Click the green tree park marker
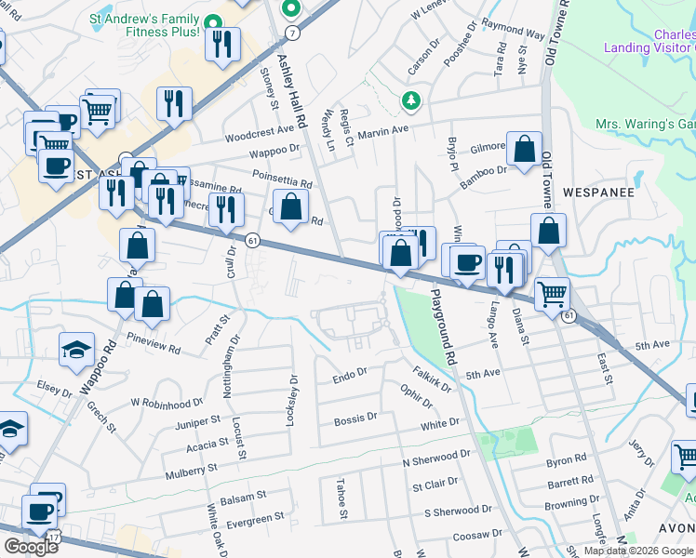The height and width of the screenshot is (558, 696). [x=408, y=99]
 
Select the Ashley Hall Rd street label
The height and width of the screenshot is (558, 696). [x=291, y=91]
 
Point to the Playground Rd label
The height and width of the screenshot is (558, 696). [x=443, y=326]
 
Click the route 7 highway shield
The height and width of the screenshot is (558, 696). [x=293, y=32]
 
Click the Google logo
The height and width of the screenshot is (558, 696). [x=32, y=546]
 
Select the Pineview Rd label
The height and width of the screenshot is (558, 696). [x=154, y=344]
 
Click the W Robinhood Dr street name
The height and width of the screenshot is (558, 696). [x=167, y=404]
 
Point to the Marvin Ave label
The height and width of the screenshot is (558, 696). [x=384, y=131]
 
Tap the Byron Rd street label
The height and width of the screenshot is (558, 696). [x=567, y=459]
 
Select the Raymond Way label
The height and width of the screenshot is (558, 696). [x=514, y=33]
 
